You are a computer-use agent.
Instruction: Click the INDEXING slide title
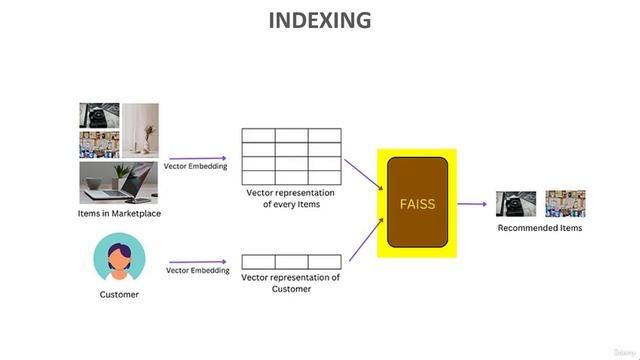[x=320, y=20]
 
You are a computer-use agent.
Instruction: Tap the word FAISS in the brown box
[x=416, y=203]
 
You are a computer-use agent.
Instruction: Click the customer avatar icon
[x=119, y=258]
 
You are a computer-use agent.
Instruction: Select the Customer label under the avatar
[x=119, y=295]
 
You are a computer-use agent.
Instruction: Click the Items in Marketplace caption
[x=119, y=213]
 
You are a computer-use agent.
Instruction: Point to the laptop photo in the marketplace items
[x=119, y=184]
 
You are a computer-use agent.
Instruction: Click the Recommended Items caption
[x=540, y=228]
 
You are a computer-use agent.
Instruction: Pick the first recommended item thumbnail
[x=516, y=204]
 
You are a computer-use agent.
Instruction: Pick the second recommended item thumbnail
[x=565, y=204]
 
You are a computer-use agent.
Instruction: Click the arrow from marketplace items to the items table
[x=197, y=158]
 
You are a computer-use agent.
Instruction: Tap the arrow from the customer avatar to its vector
[x=197, y=262]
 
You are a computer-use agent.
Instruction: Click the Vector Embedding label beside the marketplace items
[x=197, y=167]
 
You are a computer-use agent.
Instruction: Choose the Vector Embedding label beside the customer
[x=197, y=271]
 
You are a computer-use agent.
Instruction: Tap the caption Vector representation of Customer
[x=291, y=283]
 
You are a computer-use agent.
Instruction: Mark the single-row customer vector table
[x=291, y=262]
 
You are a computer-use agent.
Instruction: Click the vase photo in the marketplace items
[x=140, y=130]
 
